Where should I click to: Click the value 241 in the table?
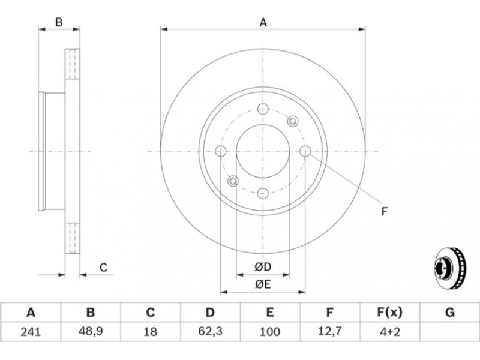click(x=31, y=332)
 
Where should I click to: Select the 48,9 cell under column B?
click(x=91, y=332)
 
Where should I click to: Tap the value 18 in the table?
click(x=150, y=332)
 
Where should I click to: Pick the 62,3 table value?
click(x=210, y=332)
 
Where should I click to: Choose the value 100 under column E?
click(x=269, y=332)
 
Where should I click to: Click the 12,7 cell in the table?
click(x=329, y=332)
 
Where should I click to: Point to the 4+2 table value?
click(x=389, y=332)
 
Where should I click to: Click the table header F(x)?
click(x=389, y=313)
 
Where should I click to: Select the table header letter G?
click(x=449, y=313)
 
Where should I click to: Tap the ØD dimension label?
click(x=263, y=267)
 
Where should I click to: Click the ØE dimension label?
click(x=263, y=284)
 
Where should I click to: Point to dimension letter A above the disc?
click(x=263, y=22)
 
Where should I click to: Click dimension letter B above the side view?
click(x=59, y=22)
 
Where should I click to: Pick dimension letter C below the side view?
click(x=103, y=268)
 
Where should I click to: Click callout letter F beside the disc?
click(x=385, y=212)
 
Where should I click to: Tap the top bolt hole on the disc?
click(x=263, y=109)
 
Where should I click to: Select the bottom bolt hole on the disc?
click(x=263, y=193)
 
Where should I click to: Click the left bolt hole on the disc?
click(x=221, y=151)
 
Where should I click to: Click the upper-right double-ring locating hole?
click(x=293, y=121)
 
